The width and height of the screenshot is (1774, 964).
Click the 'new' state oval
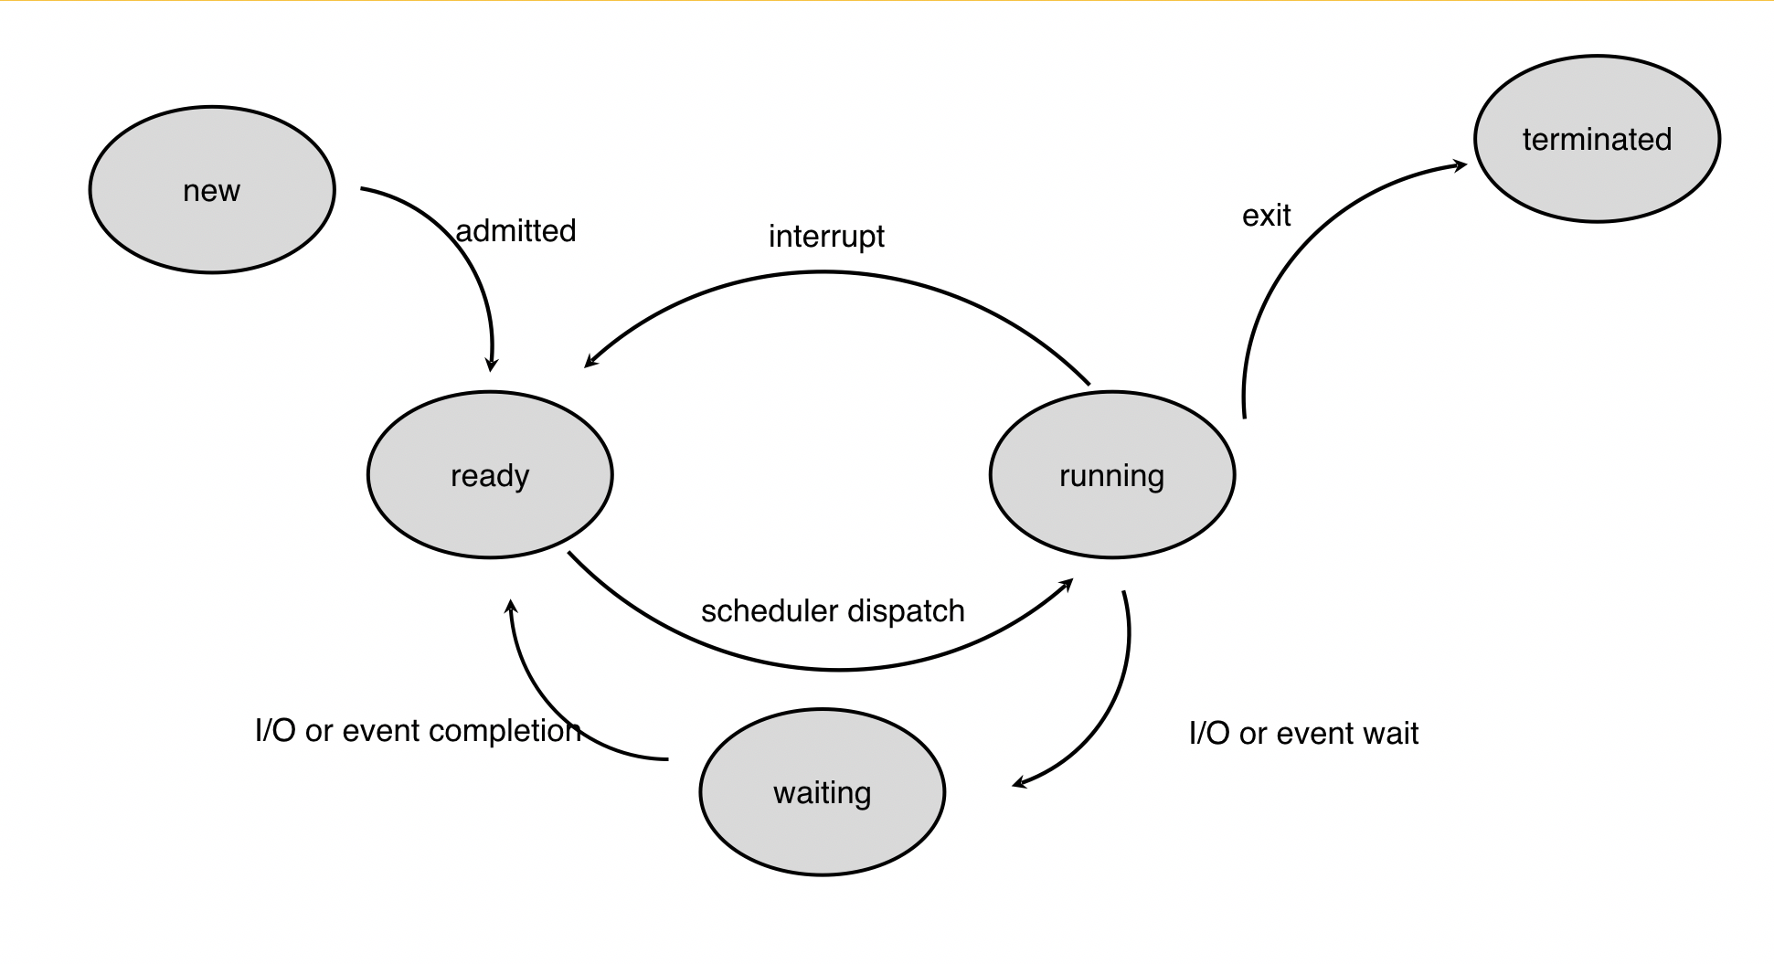(212, 190)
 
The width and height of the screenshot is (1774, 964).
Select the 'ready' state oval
(490, 475)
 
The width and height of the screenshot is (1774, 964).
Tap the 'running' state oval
(1112, 475)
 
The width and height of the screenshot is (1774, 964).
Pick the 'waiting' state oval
(823, 792)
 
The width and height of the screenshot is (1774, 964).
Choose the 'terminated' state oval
(1597, 139)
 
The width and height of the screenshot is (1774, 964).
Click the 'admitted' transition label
(516, 231)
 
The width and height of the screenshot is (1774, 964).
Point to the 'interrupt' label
(826, 237)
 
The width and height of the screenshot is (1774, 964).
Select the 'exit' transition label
(1266, 216)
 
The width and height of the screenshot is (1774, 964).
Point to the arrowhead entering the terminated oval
(1461, 165)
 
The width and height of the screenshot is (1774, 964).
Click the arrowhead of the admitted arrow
(491, 365)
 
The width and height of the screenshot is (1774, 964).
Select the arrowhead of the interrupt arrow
(590, 363)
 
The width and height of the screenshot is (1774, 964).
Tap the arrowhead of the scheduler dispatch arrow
(1068, 583)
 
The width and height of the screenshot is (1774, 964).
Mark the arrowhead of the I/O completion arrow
(511, 605)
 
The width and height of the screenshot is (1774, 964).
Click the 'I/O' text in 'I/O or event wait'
(1209, 734)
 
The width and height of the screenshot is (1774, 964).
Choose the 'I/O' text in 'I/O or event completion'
(275, 731)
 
